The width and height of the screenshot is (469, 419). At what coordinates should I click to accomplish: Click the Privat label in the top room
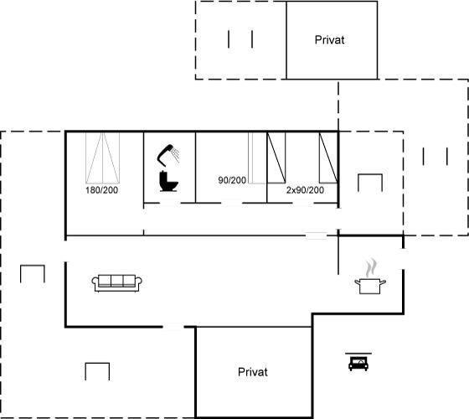329,40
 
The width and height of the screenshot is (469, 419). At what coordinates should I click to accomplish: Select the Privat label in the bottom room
252,372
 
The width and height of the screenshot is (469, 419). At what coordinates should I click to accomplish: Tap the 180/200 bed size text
101,190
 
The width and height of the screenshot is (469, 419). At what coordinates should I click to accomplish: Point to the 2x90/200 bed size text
305,190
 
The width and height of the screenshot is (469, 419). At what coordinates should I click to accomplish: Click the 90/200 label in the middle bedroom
232,180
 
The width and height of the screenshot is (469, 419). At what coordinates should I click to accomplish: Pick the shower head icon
168,155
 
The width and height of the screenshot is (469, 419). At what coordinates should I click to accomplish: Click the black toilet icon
168,181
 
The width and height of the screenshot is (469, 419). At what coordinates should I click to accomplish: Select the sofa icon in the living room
117,283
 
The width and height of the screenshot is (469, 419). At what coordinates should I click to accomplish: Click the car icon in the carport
358,364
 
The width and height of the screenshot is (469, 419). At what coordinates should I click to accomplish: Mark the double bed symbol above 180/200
102,158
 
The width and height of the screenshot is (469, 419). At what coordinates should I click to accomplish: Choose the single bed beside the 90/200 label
257,158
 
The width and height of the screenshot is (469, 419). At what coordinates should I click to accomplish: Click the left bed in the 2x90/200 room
276,158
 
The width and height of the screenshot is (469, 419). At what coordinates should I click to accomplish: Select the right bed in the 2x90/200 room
328,158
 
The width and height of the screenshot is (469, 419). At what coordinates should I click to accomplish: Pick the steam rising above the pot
370,268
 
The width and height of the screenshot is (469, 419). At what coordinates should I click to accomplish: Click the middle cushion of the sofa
117,281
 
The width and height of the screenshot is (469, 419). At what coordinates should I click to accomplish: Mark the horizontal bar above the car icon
358,354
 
